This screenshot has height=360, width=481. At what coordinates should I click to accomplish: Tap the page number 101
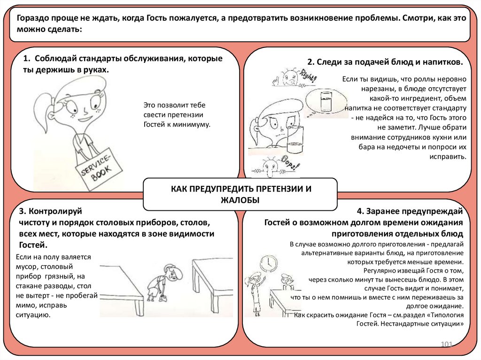click(446, 345)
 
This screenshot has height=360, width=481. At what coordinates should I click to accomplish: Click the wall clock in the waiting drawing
click(269, 263)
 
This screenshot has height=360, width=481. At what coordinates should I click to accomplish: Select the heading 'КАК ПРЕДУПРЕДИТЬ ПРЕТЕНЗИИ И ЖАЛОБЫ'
click(240, 194)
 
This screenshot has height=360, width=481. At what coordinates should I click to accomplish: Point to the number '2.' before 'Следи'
click(310, 62)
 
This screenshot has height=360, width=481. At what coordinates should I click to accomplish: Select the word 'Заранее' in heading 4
click(387, 211)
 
